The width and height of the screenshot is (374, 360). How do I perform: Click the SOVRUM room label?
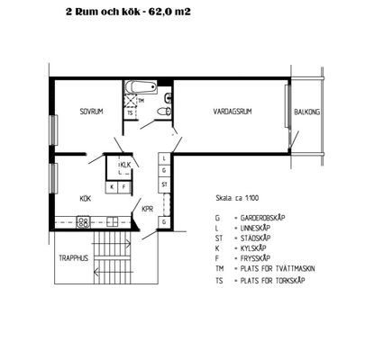click(91, 112)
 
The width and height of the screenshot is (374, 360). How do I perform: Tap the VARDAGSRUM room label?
click(233, 112)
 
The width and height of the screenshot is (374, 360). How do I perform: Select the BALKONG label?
click(306, 112)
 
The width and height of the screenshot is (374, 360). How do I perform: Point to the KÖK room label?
click(86, 199)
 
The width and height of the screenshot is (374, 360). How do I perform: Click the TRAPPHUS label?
click(74, 258)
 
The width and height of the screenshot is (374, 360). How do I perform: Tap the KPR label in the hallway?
click(147, 209)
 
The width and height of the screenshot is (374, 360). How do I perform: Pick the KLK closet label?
click(126, 165)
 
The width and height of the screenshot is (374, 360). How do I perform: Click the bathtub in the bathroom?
click(141, 87)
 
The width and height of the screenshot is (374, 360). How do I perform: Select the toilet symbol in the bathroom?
click(164, 112)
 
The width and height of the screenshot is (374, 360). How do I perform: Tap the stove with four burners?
click(83, 222)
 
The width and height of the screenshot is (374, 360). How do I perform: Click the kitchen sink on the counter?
click(113, 222)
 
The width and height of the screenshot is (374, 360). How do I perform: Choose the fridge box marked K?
click(112, 187)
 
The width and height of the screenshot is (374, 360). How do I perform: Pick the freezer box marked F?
click(123, 187)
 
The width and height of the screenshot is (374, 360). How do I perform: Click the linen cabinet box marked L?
click(164, 158)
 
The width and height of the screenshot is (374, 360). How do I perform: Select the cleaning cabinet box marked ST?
click(164, 184)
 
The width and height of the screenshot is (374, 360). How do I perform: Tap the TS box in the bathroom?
click(130, 113)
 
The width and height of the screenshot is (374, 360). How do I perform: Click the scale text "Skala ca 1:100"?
click(237, 198)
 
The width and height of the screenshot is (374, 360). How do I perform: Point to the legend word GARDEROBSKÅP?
click(262, 218)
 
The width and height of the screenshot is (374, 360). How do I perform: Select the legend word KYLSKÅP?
click(253, 248)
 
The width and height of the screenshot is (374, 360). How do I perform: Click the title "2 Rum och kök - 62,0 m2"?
click(128, 12)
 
